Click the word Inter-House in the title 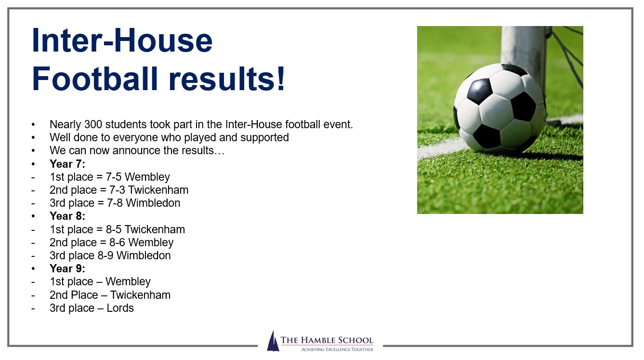[x=122, y=40]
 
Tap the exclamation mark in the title [x=281, y=79]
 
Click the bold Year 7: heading [x=67, y=164]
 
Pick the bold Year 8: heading [x=67, y=216]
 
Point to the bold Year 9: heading [x=67, y=268]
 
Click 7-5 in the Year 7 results [x=114, y=177]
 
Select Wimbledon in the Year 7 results [x=153, y=203]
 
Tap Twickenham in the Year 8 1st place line [x=155, y=229]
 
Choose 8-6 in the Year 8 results [x=117, y=242]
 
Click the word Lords [x=120, y=308]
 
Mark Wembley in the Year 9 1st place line [x=128, y=282]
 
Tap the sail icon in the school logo [x=273, y=341]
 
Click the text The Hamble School [x=327, y=340]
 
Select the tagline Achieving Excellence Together [x=337, y=349]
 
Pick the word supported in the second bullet [x=264, y=138]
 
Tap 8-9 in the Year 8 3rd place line [x=105, y=255]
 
